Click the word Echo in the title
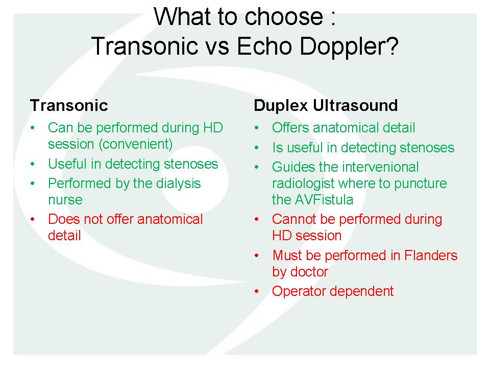(x=265, y=47)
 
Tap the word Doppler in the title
(x=349, y=47)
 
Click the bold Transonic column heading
(x=69, y=105)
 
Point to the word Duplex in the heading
(x=281, y=106)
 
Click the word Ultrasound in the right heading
(x=355, y=105)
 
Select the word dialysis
(x=179, y=183)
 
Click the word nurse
(x=65, y=200)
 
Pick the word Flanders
(x=431, y=256)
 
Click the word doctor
(x=309, y=271)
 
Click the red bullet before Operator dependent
(x=257, y=291)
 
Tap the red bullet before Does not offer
(x=33, y=219)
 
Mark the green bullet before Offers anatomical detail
(x=257, y=128)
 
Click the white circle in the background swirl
(x=194, y=180)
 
